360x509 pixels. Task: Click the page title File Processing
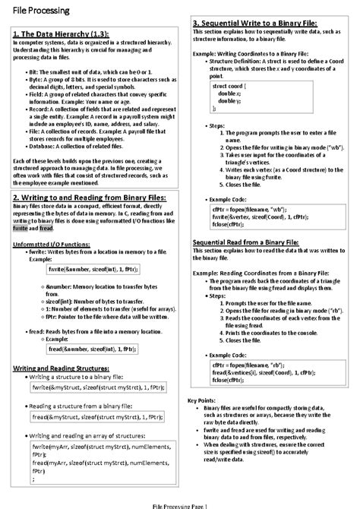37,11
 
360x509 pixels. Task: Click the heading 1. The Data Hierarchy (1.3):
59,35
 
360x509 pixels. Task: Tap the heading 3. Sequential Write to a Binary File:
254,23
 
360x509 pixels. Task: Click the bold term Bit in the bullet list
33,70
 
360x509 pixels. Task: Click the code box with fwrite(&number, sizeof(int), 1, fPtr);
90,268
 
